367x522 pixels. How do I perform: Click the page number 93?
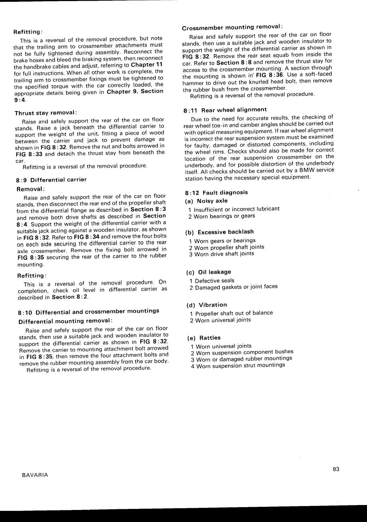336,469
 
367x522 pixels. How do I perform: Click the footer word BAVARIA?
35,475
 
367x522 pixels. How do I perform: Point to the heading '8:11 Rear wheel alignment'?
225,110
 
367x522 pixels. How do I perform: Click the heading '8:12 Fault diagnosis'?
217,193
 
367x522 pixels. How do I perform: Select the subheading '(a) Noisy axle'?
207,201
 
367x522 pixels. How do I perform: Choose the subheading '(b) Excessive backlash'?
220,232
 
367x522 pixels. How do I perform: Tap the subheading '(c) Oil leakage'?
209,272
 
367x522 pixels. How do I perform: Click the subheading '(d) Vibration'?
207,305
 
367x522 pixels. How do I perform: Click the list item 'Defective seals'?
214,281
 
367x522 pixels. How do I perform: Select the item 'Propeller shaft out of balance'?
234,313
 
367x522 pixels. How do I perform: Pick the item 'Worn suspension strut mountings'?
241,366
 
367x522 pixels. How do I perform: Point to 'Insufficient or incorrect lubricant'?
236,209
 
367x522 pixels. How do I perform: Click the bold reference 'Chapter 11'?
147,65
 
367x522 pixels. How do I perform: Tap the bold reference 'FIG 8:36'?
270,75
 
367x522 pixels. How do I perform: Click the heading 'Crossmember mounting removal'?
232,28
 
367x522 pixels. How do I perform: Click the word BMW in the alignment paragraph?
307,170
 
